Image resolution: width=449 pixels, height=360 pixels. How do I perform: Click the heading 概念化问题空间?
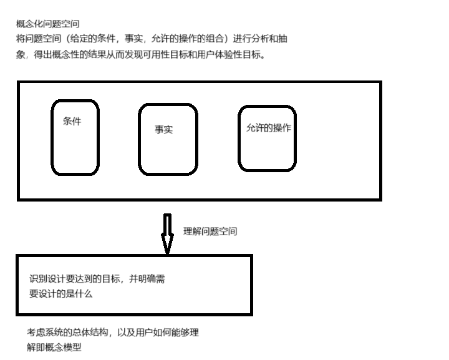click(47, 24)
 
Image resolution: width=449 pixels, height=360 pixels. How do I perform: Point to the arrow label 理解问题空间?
click(210, 231)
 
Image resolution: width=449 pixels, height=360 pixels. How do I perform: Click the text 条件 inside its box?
click(72, 122)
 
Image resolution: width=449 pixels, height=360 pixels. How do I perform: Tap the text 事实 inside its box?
click(163, 130)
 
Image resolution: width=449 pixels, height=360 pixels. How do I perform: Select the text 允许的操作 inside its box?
click(269, 127)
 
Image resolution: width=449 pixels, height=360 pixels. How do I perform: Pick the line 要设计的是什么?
click(60, 293)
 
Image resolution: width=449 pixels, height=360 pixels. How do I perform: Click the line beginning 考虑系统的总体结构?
click(112, 333)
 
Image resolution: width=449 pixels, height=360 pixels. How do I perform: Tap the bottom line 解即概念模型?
click(54, 348)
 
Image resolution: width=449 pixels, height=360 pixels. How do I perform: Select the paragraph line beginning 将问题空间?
click(152, 39)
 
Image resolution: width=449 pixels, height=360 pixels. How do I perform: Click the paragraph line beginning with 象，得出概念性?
click(140, 54)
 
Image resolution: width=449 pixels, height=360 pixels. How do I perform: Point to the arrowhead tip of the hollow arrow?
click(167, 253)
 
